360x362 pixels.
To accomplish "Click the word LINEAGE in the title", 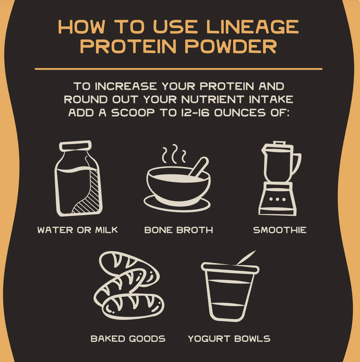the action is click(252, 27).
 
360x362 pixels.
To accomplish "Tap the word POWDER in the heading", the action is click(231, 47).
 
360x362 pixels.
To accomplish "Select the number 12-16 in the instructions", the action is click(195, 113).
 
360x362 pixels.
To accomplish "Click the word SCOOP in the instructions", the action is click(133, 113).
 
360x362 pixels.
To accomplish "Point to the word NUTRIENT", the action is click(213, 99).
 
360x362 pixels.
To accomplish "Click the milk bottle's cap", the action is click(75, 146).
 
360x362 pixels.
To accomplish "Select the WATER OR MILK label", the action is click(78, 230).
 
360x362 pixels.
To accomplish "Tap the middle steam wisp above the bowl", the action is click(175, 154).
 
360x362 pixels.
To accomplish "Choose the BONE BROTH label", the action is click(179, 230).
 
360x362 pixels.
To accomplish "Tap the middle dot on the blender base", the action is click(277, 199).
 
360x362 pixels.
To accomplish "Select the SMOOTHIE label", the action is click(280, 230).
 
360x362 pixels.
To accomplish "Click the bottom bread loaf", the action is click(133, 307).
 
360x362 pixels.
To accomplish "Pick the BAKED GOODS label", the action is click(128, 339).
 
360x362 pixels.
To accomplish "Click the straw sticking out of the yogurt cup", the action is click(246, 257).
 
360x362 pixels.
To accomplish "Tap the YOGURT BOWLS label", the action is click(229, 339).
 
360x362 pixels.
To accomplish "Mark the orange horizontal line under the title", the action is click(179, 69).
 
